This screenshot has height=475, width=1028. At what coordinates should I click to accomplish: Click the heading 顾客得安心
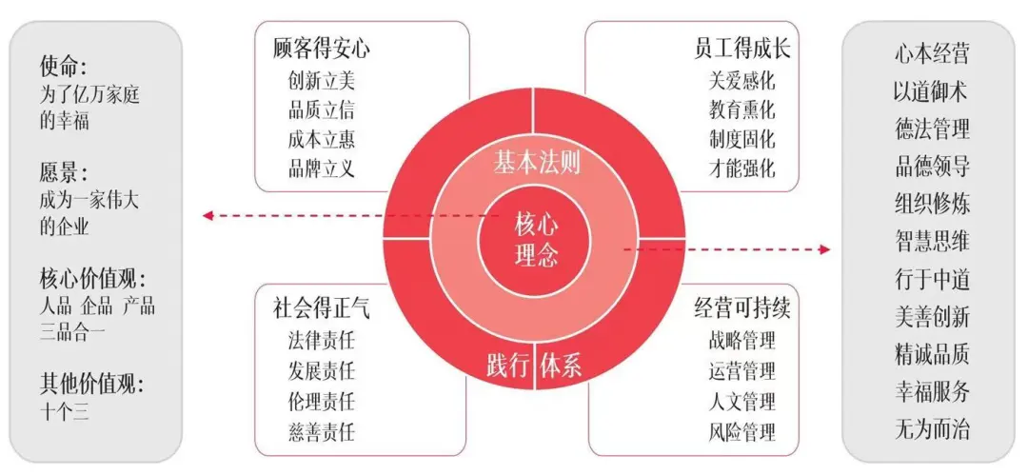point(322,49)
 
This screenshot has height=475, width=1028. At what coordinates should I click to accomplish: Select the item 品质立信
point(322,109)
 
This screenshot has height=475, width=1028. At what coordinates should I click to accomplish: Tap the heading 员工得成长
point(742,49)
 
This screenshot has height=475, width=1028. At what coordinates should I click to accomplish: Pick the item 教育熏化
point(741,109)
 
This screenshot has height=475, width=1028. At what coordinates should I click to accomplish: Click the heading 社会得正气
point(322,309)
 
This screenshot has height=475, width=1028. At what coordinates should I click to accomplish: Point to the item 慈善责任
point(322,432)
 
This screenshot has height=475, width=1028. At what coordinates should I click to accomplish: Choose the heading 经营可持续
point(742,309)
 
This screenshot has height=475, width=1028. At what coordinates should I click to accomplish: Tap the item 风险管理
point(741,432)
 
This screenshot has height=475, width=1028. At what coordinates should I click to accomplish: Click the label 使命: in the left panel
point(63,67)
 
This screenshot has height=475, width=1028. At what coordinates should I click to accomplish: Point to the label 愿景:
point(63,172)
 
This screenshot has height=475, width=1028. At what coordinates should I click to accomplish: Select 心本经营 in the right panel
point(932,54)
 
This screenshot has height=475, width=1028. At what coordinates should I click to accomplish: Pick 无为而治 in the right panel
point(932,430)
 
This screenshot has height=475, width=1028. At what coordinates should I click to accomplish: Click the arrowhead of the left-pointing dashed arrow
point(208,215)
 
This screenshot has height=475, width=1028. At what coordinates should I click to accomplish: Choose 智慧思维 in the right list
point(932,242)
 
